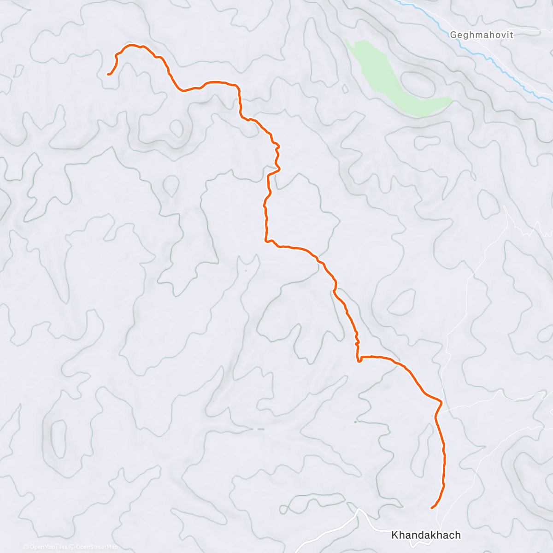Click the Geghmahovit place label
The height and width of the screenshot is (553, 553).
(x=481, y=35)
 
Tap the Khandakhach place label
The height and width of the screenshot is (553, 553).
(x=426, y=535)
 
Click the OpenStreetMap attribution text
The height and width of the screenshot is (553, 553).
(x=97, y=547)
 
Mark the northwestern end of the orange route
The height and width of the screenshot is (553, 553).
(x=108, y=74)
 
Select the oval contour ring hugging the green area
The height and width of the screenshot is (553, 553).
(x=418, y=84)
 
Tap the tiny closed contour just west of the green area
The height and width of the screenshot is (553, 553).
(x=344, y=88)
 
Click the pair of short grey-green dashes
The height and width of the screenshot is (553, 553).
(x=258, y=429)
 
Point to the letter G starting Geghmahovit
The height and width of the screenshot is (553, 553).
(x=453, y=35)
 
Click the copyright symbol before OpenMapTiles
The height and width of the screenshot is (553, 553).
(x=26, y=547)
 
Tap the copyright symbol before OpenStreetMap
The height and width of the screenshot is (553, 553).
(x=73, y=547)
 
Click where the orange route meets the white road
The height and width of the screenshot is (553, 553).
(x=441, y=402)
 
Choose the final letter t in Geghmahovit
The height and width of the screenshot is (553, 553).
(x=512, y=35)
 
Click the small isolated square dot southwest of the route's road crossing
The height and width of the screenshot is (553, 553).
(x=355, y=422)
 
